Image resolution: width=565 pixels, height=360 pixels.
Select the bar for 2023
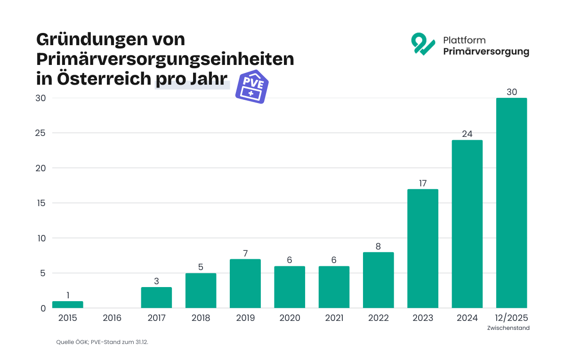click(423, 248)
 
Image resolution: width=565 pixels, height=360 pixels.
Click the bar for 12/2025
click(511, 203)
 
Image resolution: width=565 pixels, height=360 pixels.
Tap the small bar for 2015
click(68, 304)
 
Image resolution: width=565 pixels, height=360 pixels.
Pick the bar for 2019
click(245, 283)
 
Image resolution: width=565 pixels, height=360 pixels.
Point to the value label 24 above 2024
click(467, 134)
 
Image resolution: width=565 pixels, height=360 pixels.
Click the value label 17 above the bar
click(423, 183)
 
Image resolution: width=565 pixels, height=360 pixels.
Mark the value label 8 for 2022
click(378, 246)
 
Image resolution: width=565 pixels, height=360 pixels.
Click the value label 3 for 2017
click(156, 281)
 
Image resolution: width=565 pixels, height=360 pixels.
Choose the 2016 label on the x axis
click(112, 318)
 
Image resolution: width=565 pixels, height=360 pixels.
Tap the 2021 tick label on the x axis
click(334, 318)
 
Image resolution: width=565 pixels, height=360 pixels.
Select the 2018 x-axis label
click(201, 318)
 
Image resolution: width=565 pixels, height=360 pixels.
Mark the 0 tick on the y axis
click(43, 309)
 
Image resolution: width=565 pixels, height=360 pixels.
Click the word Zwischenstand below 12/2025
click(508, 328)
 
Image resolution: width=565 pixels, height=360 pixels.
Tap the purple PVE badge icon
click(252, 87)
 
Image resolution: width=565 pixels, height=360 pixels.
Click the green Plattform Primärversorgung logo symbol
click(422, 44)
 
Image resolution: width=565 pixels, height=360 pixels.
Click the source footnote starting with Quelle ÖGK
click(102, 342)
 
